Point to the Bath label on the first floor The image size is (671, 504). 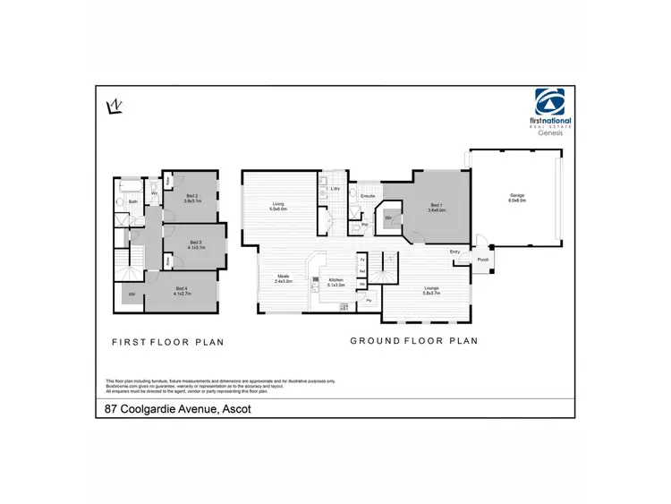tap(132, 202)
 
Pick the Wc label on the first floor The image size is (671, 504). tap(155, 192)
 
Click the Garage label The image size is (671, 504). tap(516, 196)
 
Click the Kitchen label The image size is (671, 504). tap(335, 280)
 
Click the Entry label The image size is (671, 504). tap(455, 252)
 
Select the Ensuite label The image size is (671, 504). tap(367, 194)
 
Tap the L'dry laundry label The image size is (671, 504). tap(334, 188)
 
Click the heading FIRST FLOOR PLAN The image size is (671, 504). tap(167, 341)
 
